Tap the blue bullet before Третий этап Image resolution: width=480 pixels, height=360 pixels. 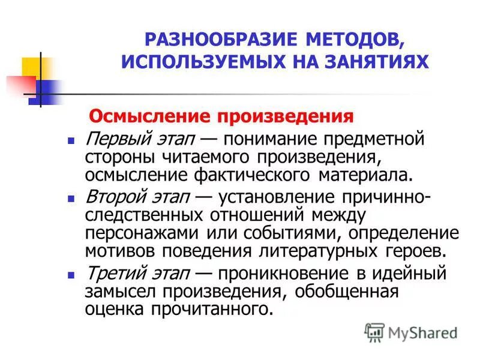tap(71, 275)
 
